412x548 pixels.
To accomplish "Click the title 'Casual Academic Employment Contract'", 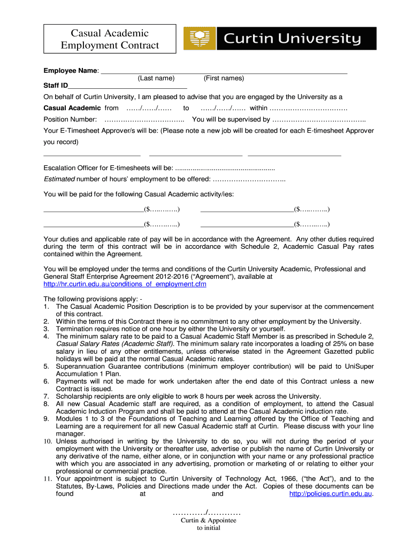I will click(x=110, y=39).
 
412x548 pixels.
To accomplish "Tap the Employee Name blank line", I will click(x=224, y=70).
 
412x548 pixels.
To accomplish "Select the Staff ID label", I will click(x=56, y=86).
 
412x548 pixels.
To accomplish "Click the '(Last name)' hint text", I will click(x=156, y=78).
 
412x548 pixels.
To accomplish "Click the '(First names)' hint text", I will click(x=224, y=78).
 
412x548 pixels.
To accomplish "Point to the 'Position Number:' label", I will click(x=70, y=119).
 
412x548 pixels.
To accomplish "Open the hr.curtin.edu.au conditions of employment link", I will click(x=125, y=284).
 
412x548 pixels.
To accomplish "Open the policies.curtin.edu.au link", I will click(x=330, y=494).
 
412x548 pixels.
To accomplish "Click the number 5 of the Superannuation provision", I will click(x=46, y=366).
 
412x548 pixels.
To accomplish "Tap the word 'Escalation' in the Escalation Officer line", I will click(x=62, y=167).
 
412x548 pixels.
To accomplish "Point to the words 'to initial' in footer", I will click(x=208, y=527).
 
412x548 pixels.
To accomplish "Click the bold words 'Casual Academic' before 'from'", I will click(x=68, y=108).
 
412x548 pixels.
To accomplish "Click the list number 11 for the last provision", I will click(x=47, y=478).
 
